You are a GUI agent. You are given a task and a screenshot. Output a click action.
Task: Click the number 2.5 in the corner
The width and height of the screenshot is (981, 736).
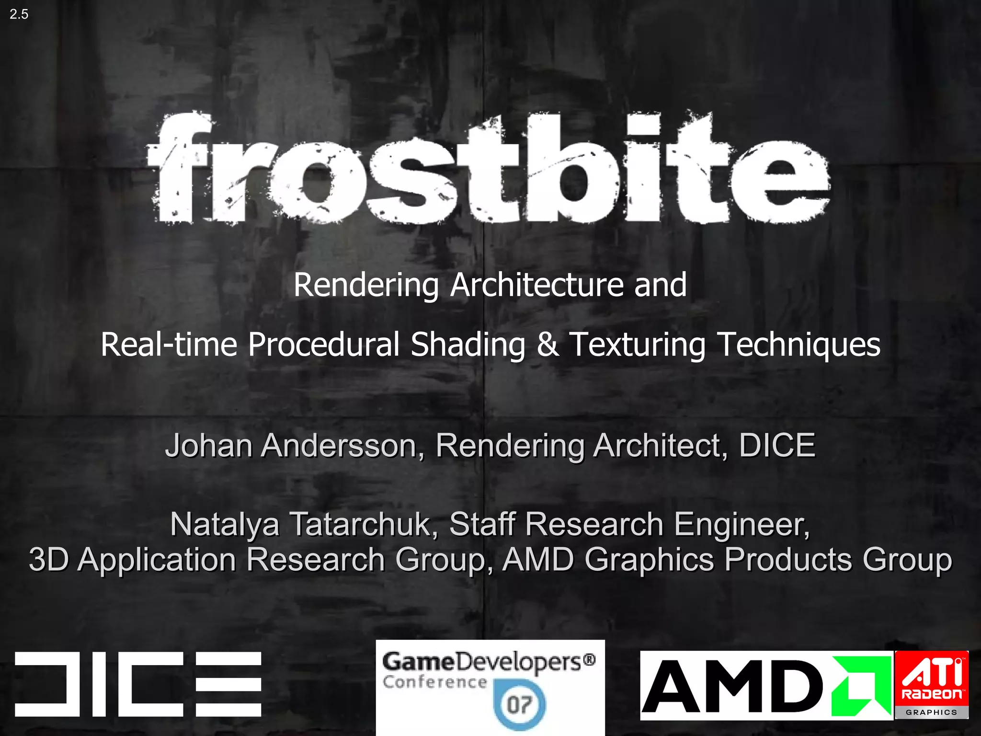[19, 14]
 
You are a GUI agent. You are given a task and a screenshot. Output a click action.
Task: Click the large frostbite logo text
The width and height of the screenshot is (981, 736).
[489, 168]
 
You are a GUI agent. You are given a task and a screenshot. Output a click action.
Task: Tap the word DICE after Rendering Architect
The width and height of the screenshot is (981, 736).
[776, 445]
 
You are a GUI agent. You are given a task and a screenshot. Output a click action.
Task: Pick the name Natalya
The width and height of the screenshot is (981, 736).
[224, 524]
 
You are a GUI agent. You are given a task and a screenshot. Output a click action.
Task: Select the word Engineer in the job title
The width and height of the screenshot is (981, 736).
[741, 524]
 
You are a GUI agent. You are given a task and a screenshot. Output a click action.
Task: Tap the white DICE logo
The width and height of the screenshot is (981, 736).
[138, 684]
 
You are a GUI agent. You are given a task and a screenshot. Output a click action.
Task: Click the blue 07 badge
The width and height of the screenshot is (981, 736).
[519, 704]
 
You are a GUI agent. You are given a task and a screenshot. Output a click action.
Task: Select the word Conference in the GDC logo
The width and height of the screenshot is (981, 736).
[434, 682]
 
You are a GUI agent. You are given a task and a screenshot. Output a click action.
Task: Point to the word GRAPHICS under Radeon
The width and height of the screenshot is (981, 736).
[931, 713]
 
